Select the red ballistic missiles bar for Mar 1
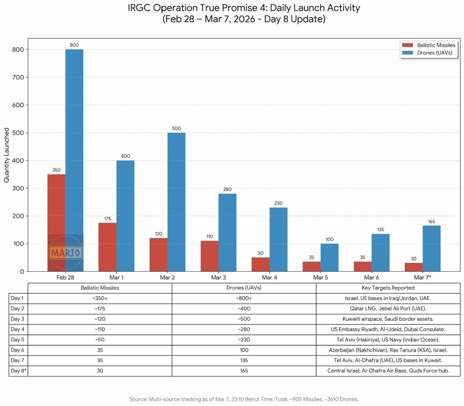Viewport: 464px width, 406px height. point(107,247)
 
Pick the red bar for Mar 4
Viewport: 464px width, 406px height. point(261,264)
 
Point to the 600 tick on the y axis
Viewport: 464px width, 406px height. point(17,105)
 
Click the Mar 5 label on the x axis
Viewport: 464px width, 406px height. point(321,277)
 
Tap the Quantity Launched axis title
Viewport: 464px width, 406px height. point(7,155)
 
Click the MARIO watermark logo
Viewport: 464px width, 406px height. point(65,253)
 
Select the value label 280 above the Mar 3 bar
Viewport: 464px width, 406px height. point(227,189)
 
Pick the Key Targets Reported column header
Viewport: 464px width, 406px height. point(388,288)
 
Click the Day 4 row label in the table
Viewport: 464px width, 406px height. point(17,329)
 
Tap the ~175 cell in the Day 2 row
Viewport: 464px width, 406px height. point(100,309)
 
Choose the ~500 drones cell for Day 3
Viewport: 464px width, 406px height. point(244,319)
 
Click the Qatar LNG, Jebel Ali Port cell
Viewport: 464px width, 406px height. point(388,309)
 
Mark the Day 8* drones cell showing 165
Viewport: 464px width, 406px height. point(244,371)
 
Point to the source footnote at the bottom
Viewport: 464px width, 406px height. point(244,399)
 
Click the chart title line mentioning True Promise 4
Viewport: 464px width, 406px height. point(244,8)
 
